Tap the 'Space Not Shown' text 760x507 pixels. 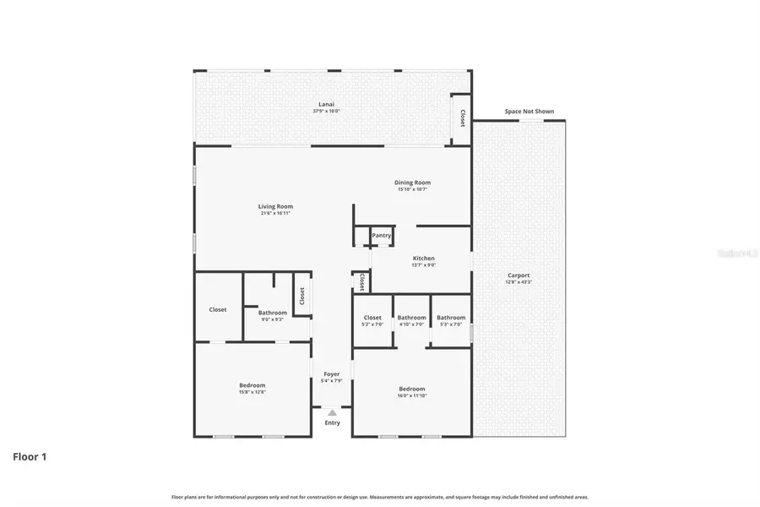tap(529, 112)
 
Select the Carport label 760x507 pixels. tap(518, 275)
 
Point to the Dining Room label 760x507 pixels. tap(413, 183)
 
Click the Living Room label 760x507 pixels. tap(275, 206)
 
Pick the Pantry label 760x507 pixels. tap(382, 236)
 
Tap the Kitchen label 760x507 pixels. tap(423, 258)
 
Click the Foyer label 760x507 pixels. tap(332, 373)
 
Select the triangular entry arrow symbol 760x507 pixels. tap(332, 412)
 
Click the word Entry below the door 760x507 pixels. tap(333, 422)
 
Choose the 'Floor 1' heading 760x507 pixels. tap(30, 457)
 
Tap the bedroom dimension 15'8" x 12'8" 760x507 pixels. tap(252, 392)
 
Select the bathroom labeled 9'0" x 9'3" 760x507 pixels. tap(273, 319)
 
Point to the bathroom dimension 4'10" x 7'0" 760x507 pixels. tap(411, 324)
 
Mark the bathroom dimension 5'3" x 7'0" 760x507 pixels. tap(451, 324)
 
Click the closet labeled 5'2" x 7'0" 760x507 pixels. tap(372, 324)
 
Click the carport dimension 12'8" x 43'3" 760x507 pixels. tap(518, 281)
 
